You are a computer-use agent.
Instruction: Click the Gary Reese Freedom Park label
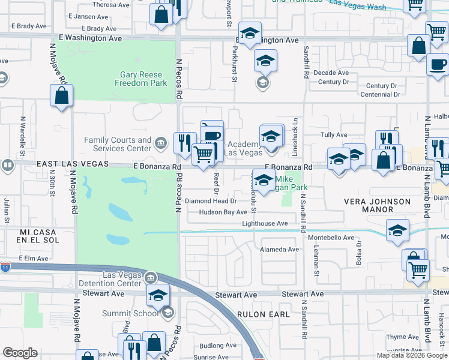click(140, 79)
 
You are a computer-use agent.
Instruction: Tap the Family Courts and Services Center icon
click(161, 143)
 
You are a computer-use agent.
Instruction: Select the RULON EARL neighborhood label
click(262, 314)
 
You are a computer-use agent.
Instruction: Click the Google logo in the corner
click(20, 353)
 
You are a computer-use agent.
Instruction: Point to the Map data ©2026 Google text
click(411, 355)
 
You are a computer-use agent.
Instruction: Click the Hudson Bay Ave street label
click(223, 212)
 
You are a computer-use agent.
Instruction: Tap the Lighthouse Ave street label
click(265, 224)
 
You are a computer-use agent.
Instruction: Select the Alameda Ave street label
click(279, 250)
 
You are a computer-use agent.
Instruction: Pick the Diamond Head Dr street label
click(210, 201)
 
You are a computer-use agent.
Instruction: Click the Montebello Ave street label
click(332, 238)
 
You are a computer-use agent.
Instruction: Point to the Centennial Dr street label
click(379, 95)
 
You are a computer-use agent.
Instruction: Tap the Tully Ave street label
click(334, 135)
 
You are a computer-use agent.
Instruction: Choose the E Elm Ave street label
click(33, 258)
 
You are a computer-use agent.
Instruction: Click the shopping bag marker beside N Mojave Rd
click(61, 96)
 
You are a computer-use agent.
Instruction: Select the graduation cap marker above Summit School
click(158, 295)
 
